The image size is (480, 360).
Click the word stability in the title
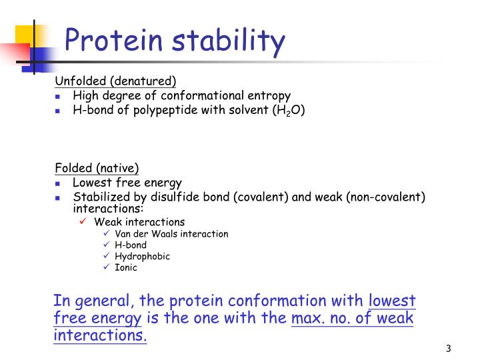(229, 41)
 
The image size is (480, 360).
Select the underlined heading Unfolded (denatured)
(115, 81)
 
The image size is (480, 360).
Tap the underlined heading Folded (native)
(97, 168)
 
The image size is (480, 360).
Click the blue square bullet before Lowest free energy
(58, 183)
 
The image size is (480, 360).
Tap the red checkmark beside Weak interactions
(83, 222)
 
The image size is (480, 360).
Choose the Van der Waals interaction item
(171, 234)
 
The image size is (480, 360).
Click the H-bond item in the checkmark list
(131, 245)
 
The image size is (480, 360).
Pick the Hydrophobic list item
(142, 257)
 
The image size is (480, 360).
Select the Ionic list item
(126, 268)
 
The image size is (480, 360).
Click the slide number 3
(449, 349)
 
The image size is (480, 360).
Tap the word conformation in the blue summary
(304, 301)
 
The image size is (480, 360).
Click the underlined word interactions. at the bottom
(100, 335)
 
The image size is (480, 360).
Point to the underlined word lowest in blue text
(392, 301)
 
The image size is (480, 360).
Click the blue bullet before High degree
(58, 96)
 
